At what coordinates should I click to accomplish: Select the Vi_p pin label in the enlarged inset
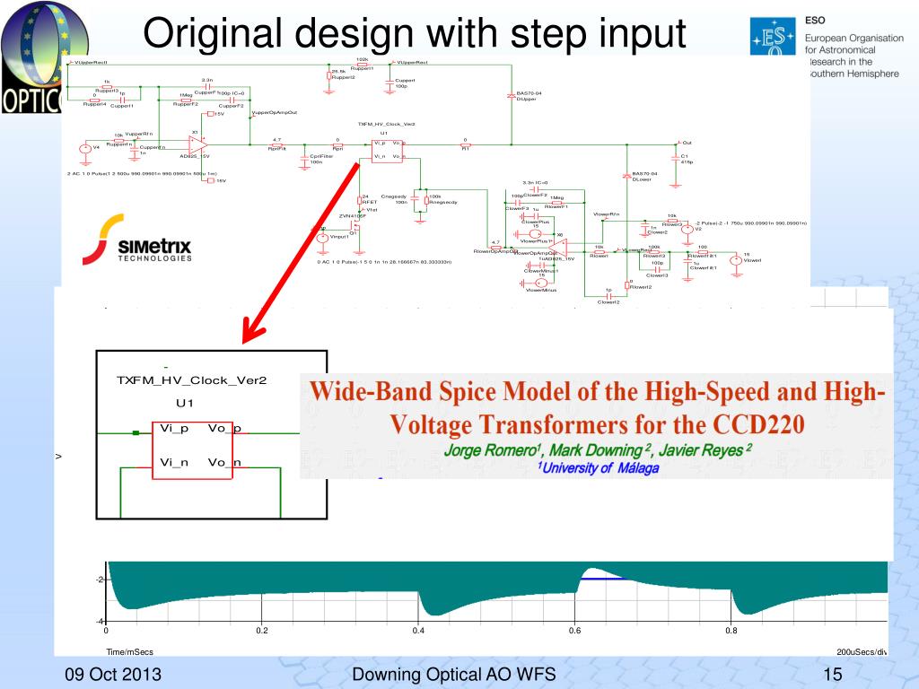174,428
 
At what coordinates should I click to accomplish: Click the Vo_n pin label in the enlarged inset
224,462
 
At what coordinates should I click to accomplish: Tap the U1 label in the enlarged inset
185,403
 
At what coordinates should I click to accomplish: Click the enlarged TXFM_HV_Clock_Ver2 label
192,379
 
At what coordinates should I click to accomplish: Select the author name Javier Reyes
697,450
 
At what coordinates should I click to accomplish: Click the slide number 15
832,675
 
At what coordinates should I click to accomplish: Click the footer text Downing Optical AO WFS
454,675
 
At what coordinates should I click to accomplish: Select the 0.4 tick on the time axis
418,631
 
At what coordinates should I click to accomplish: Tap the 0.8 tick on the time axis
732,631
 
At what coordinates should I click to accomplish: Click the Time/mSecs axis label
129,651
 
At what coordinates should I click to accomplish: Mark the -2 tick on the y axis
100,580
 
